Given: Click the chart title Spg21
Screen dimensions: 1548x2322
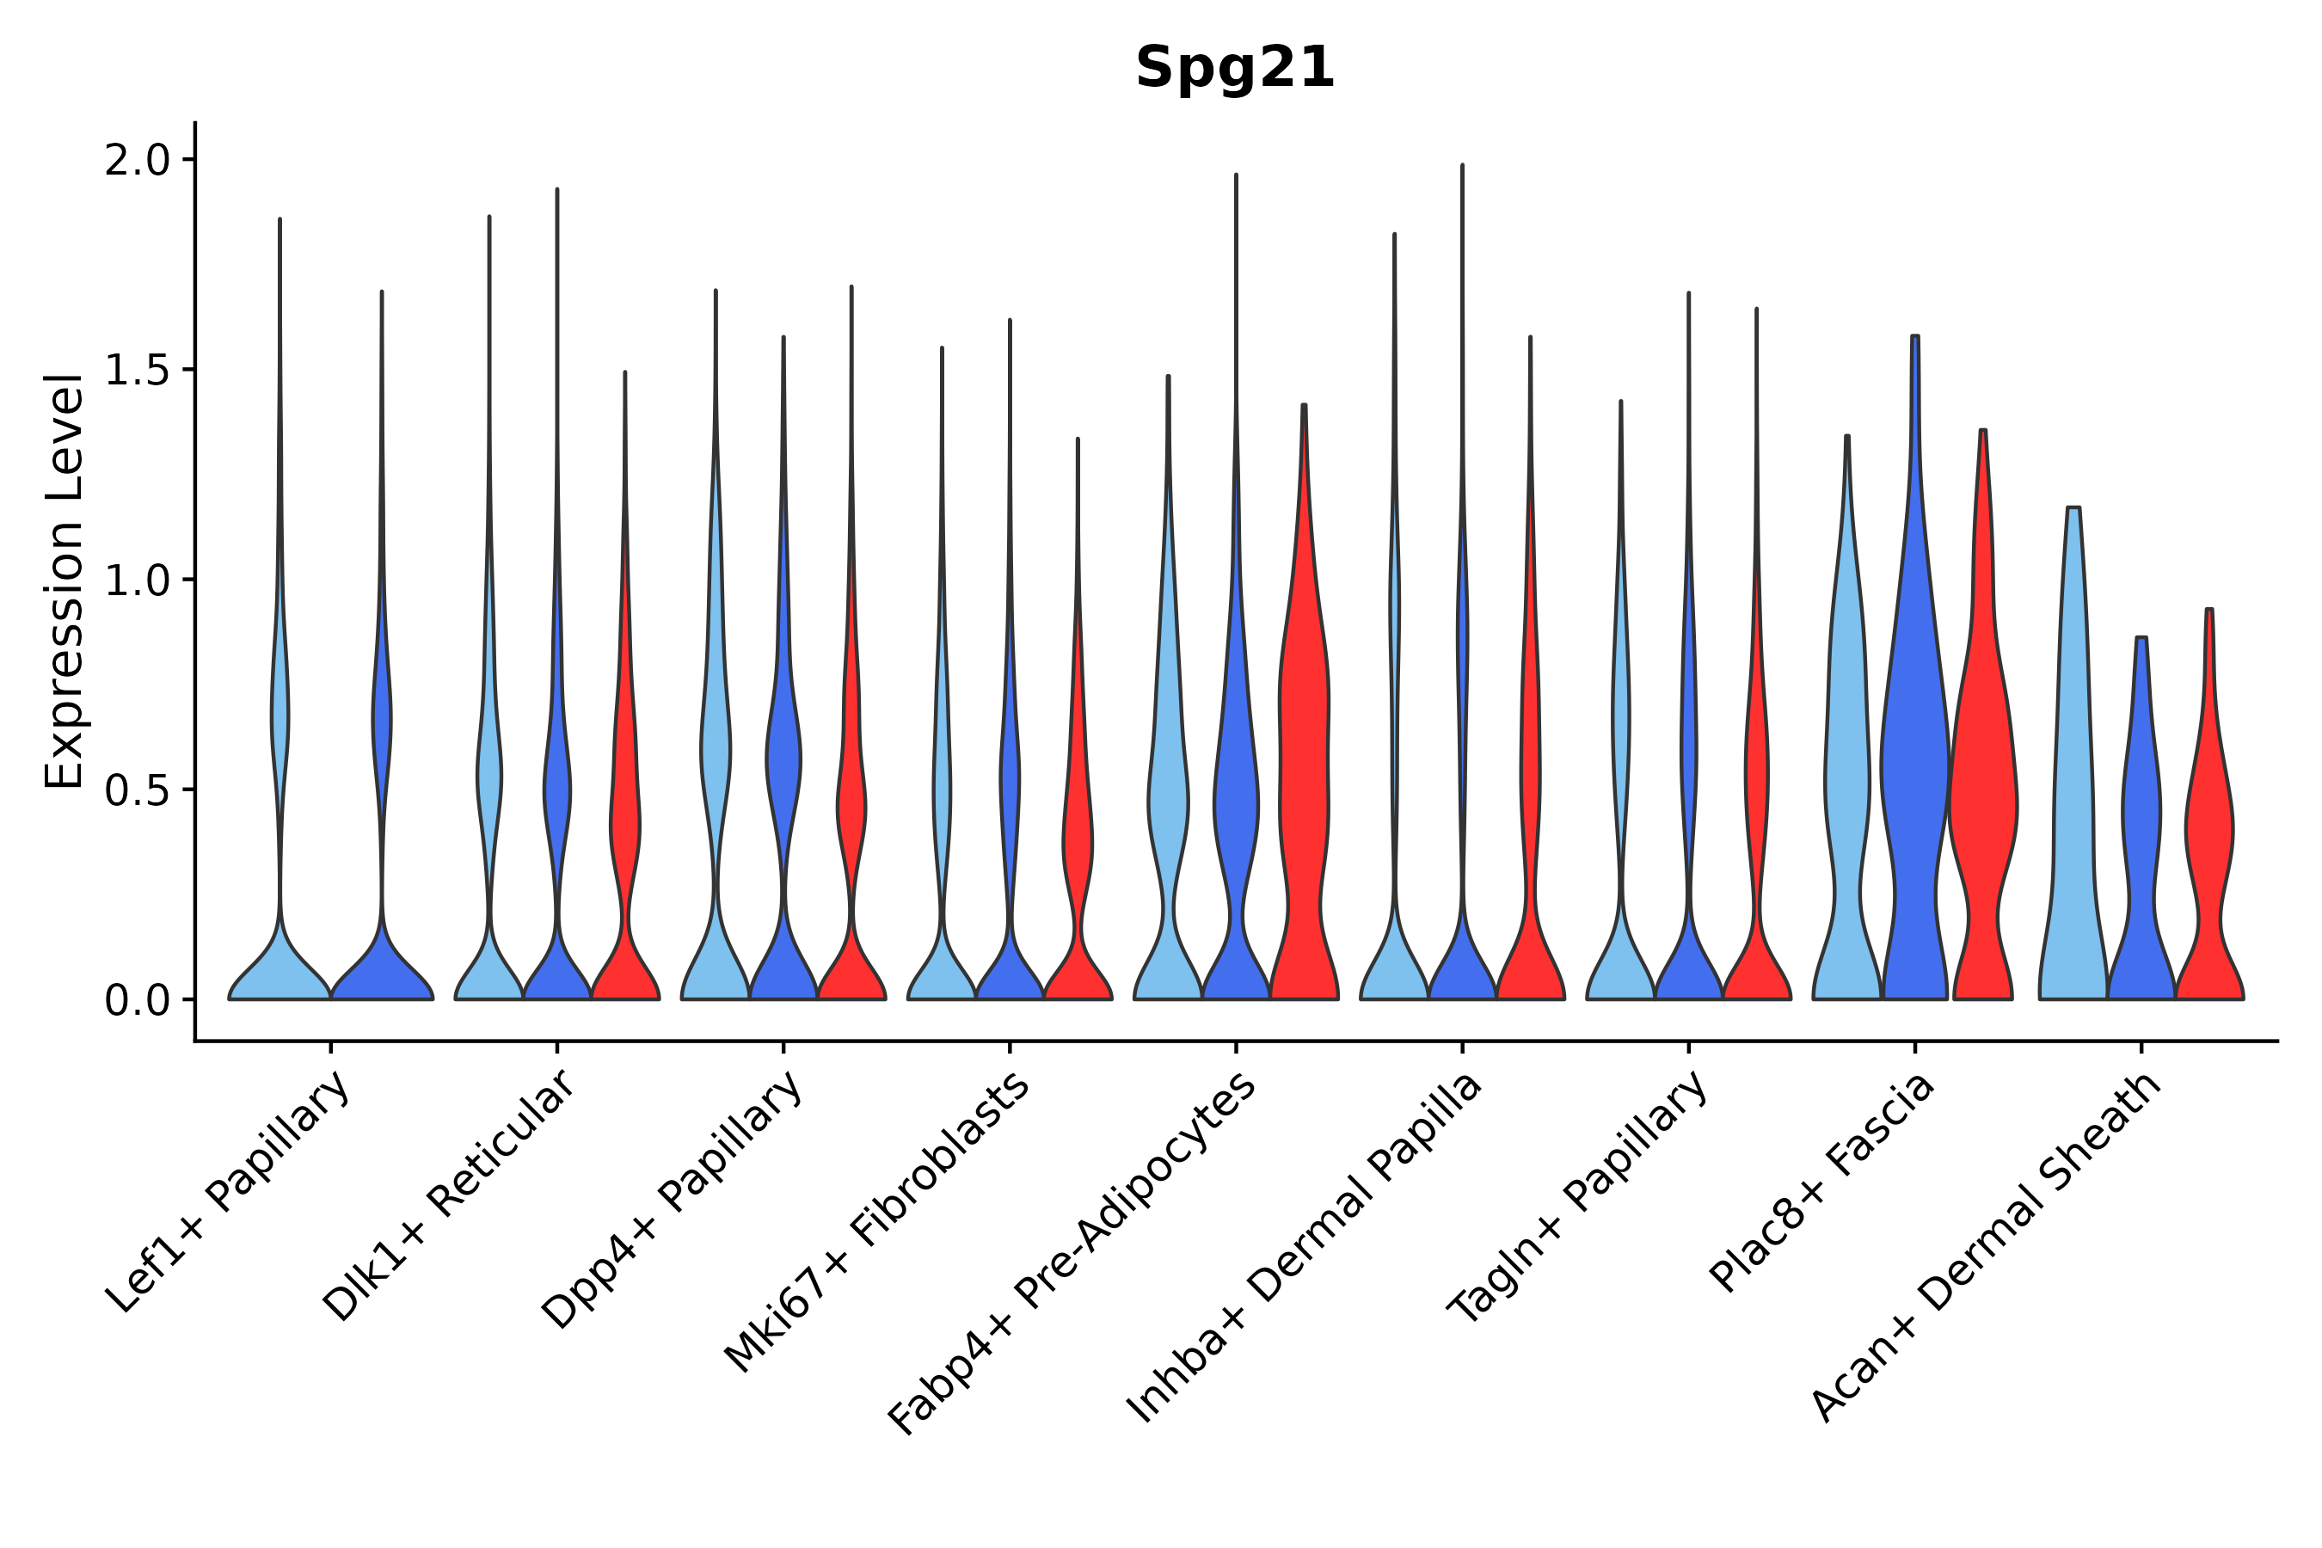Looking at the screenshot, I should pos(1234,69).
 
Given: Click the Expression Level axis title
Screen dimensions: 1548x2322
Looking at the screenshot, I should pos(65,580).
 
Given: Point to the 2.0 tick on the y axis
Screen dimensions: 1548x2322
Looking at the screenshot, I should pos(138,160).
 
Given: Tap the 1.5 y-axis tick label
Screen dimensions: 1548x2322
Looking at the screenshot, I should pos(138,370).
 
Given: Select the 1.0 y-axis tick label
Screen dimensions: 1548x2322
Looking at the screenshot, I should pos(138,580).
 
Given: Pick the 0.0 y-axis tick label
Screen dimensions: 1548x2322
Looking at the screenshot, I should pos(138,1001).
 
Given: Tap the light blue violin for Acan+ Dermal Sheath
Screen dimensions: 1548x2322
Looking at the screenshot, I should pos(2073,789).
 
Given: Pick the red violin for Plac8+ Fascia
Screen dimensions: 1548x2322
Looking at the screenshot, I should pos(1982,789).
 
